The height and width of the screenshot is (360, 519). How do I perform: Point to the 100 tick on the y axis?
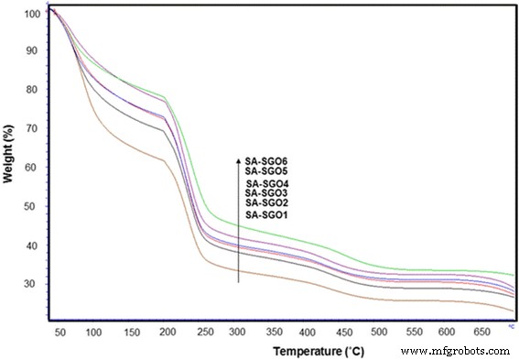coord(33,15)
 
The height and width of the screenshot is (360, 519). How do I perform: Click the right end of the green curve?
coord(513,275)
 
